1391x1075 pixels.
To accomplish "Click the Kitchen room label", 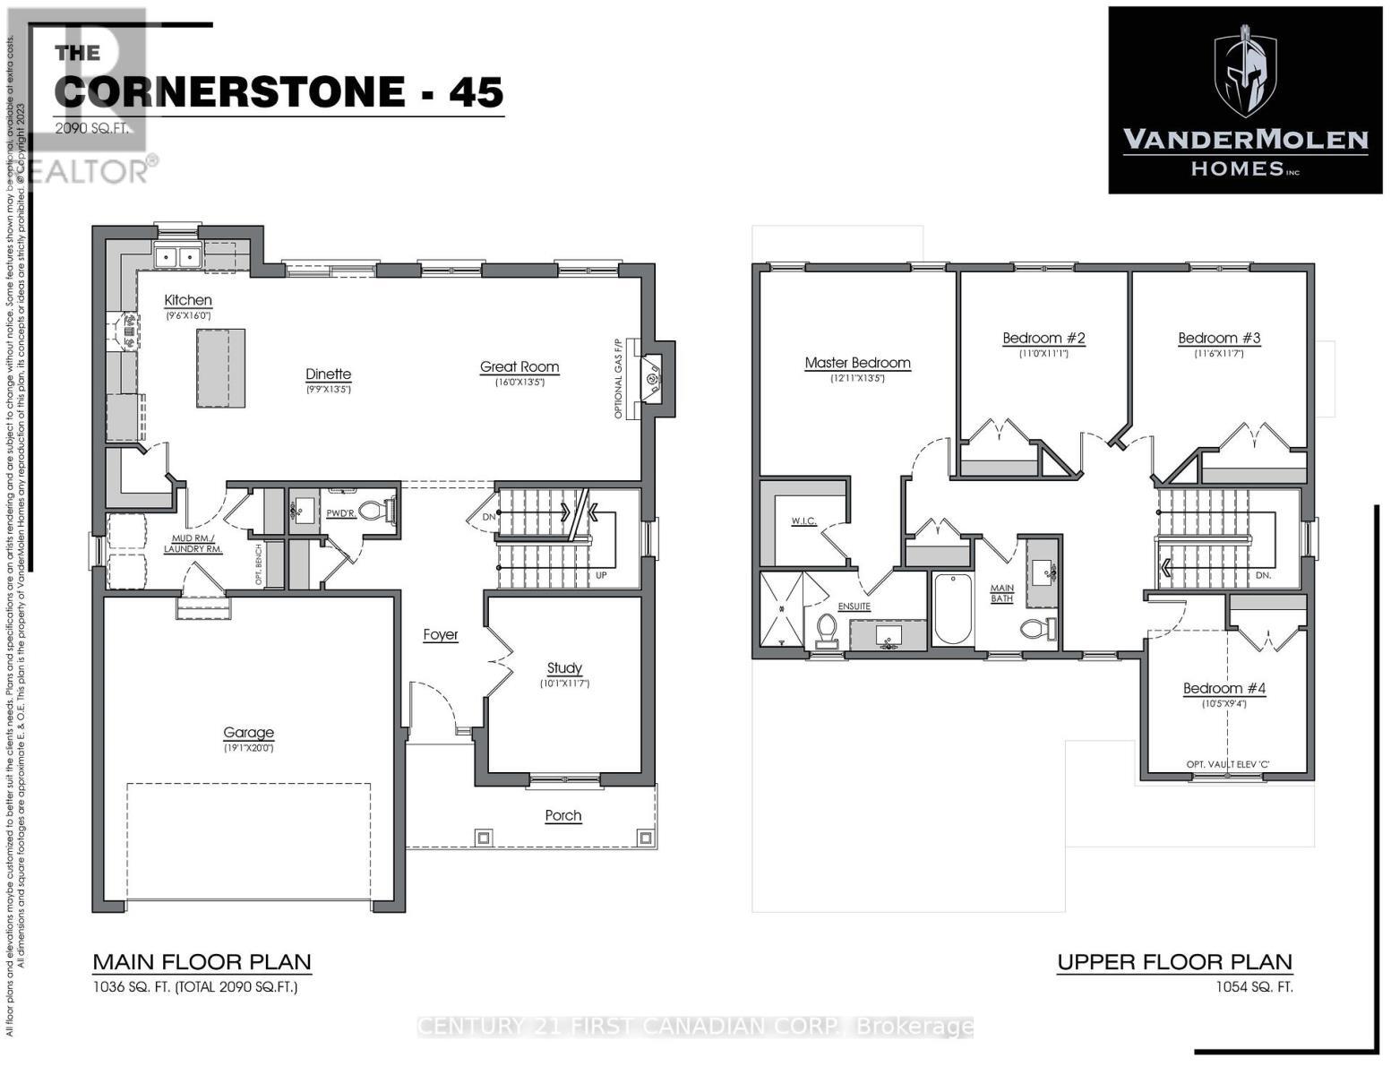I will (188, 300).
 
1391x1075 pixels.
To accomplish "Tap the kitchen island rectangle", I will (220, 368).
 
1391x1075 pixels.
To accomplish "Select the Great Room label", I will (519, 366).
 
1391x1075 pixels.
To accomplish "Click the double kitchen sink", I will (177, 257).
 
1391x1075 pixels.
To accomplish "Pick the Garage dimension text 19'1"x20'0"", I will (248, 748).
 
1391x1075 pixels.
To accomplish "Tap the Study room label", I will (564, 667).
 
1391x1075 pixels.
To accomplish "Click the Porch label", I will (563, 815).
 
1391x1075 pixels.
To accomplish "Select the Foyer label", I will (441, 634).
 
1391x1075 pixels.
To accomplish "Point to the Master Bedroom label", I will (857, 363).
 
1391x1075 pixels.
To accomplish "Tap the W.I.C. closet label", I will (803, 521).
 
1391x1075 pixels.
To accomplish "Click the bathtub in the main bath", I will (952, 609).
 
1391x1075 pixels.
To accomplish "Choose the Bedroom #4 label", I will (1224, 688).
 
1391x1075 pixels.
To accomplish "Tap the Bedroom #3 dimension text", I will (1219, 354).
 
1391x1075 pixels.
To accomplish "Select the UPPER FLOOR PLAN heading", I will (1174, 962).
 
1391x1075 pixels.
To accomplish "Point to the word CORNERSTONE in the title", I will (229, 92).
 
